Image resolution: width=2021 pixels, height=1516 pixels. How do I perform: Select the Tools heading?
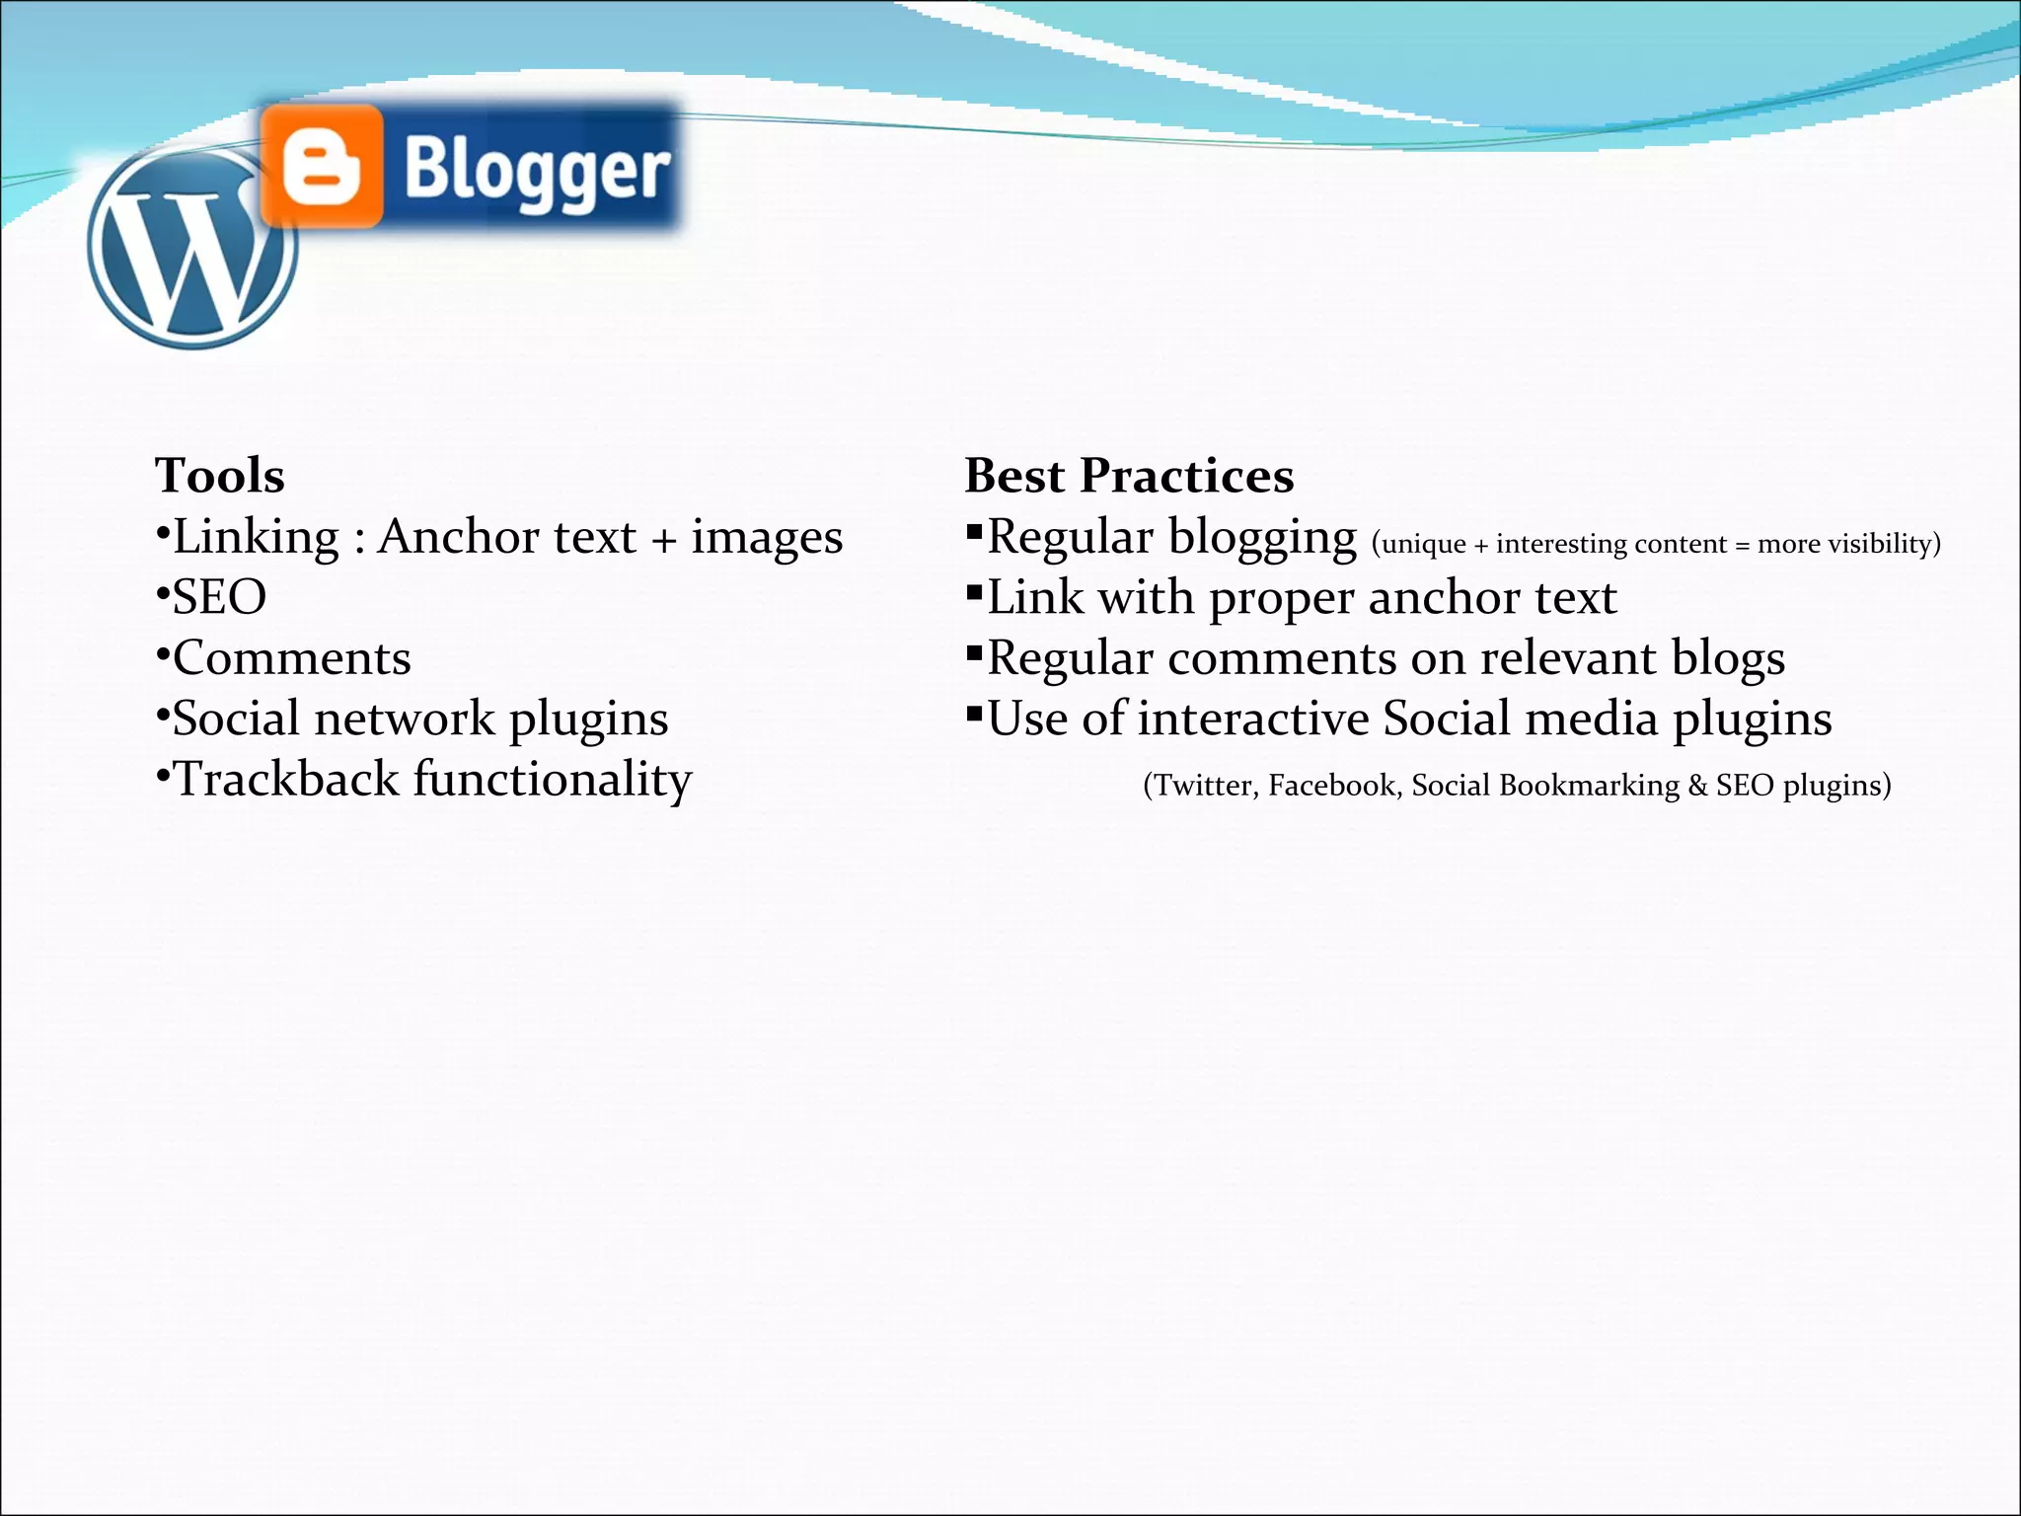tap(219, 476)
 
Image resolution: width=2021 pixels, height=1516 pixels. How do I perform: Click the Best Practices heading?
tap(1128, 476)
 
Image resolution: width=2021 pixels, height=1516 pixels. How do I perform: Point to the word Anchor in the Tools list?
tap(458, 537)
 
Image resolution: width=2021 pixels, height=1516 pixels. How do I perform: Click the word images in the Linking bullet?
tap(766, 538)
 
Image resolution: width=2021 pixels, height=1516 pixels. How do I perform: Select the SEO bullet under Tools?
tap(218, 598)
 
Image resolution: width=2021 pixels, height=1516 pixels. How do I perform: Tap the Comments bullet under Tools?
tap(291, 658)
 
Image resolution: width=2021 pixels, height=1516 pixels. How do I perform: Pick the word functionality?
tap(552, 780)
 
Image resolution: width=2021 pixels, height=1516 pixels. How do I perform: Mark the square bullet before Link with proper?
tap(974, 592)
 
